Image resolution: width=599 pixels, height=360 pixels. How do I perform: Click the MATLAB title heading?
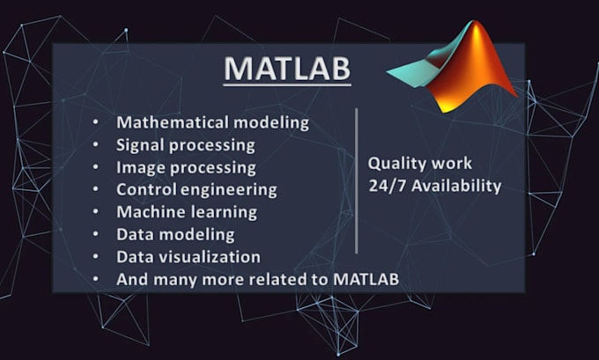pyautogui.click(x=286, y=69)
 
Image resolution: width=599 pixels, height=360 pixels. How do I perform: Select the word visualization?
pyautogui.click(x=208, y=258)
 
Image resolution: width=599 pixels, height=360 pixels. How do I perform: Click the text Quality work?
pyautogui.click(x=419, y=164)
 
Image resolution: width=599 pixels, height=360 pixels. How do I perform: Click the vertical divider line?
pyautogui.click(x=356, y=180)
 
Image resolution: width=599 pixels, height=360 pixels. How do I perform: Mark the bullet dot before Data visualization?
pyautogui.click(x=96, y=258)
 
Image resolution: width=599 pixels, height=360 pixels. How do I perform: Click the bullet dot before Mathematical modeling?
pyautogui.click(x=96, y=122)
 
